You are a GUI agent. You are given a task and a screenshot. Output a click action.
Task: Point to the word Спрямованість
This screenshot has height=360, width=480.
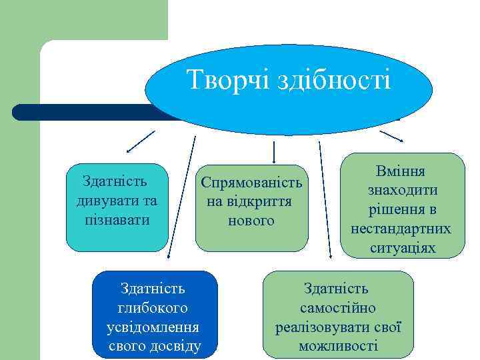pos(251,182)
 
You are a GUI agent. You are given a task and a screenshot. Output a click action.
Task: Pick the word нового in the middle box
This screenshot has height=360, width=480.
pos(251,220)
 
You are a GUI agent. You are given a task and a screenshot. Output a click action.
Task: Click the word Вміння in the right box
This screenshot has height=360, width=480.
pos(401,172)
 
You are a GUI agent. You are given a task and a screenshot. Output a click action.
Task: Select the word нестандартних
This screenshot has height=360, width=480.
pos(401,229)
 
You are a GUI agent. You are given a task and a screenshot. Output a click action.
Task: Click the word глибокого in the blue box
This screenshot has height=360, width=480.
pos(154,308)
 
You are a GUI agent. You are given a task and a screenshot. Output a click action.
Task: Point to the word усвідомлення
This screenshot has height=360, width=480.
pos(153,327)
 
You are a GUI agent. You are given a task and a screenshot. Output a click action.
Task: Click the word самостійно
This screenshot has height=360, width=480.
pos(338,308)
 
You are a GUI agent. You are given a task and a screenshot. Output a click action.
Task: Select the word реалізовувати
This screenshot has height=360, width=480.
pos(325,327)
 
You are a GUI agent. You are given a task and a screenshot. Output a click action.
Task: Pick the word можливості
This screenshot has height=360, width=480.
pos(338,346)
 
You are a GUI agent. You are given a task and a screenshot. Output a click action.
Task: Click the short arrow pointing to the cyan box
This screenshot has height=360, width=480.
pos(140,141)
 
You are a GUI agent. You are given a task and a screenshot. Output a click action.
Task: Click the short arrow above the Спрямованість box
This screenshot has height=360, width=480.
pos(273,151)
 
